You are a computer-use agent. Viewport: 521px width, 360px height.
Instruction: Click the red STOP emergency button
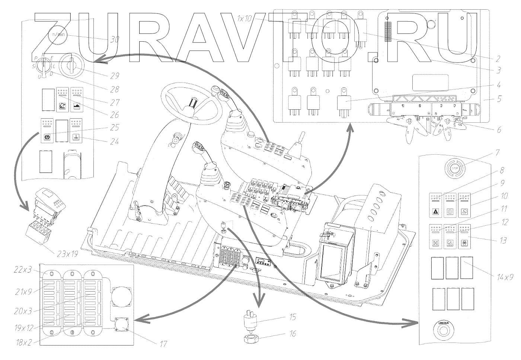coord(455,168)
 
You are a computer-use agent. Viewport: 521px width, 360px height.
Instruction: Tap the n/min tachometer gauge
coord(58,35)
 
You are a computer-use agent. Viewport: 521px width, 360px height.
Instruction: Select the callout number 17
coord(163,344)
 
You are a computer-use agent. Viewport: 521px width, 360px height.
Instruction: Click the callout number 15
coord(293,317)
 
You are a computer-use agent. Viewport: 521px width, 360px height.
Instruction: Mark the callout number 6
coord(499,130)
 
